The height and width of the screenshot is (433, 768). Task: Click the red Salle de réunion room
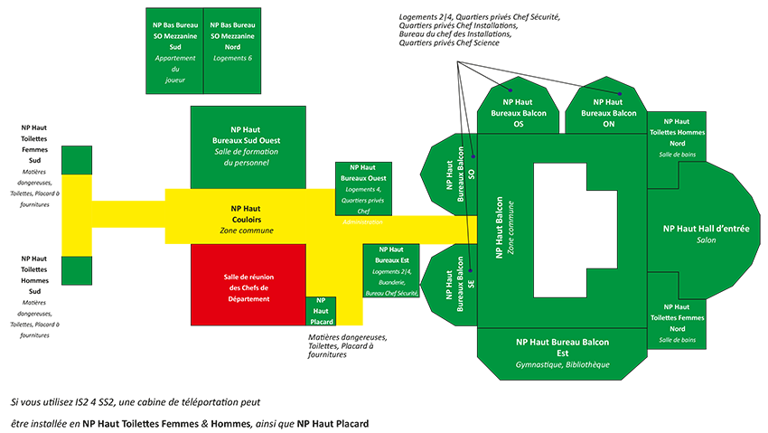248,285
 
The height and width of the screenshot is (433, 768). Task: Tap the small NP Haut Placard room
321,311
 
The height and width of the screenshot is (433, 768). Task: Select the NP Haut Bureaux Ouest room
363,189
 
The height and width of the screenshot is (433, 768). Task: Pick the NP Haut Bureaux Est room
391,270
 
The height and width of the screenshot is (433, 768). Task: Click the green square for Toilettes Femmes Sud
77,160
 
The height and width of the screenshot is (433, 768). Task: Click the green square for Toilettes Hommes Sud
77,270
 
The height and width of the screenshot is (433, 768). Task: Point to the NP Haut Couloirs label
246,214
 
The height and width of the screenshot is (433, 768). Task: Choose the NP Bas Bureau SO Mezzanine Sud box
175,51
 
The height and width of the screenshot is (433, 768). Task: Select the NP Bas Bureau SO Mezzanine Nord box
232,51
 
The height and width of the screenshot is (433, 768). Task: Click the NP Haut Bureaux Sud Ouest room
248,147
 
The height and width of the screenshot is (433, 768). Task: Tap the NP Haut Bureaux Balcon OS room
519,105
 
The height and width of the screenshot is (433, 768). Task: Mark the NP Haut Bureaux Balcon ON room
606,105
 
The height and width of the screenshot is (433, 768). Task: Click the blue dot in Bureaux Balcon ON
620,93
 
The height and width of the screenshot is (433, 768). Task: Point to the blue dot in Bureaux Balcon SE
470,270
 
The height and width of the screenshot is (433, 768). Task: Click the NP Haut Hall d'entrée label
707,229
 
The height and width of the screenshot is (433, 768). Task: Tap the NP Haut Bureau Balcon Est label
562,347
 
